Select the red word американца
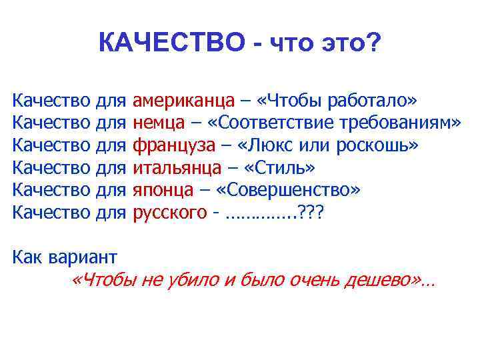[183, 101]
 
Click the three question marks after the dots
[313, 213]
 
